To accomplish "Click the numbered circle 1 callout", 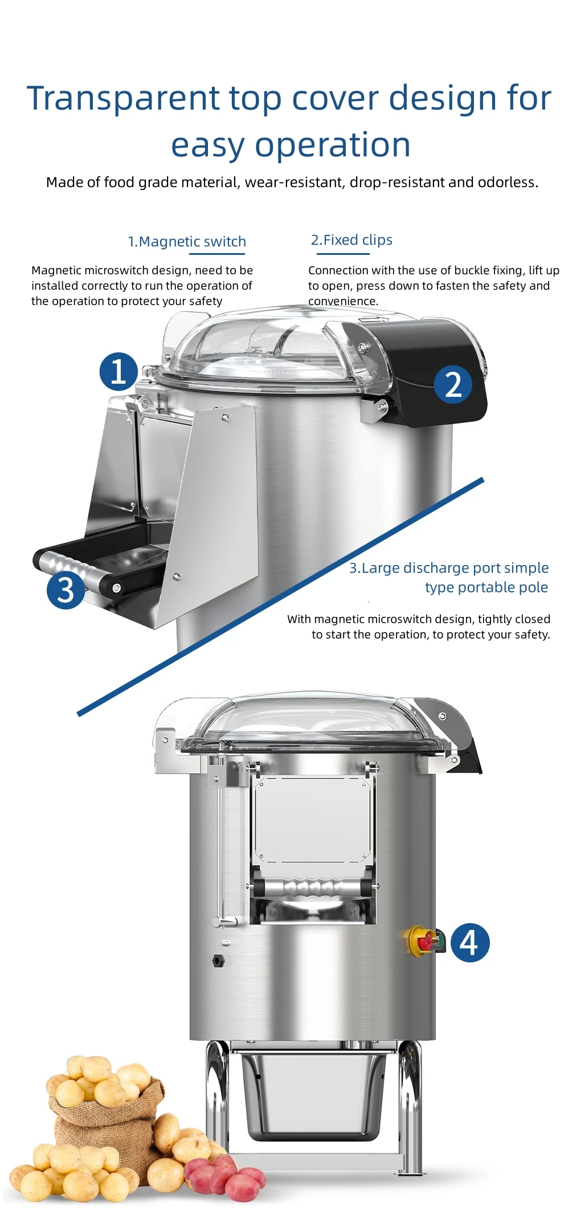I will tap(118, 372).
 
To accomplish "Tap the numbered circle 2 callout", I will tap(453, 385).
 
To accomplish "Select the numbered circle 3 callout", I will tap(66, 590).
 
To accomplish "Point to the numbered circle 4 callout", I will tap(469, 942).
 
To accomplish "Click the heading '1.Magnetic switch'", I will tap(187, 242).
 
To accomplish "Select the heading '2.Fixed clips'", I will tap(352, 240).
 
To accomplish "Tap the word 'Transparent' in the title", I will tap(122, 98).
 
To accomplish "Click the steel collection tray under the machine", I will tap(313, 1095).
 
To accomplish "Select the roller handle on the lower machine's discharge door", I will tap(312, 888).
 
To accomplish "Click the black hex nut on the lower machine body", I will tap(218, 960).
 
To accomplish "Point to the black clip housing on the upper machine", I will tap(422, 371).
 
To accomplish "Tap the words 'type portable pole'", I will tap(486, 587).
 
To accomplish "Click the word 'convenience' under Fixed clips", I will tap(342, 301).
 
